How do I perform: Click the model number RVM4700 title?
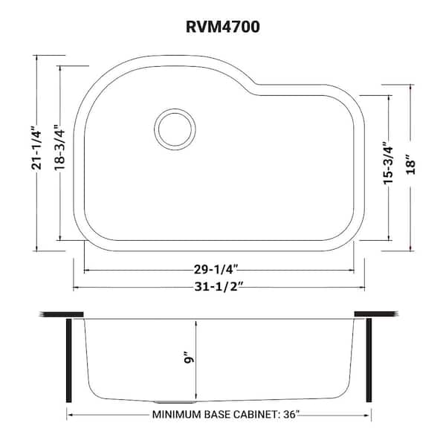pyautogui.click(x=222, y=28)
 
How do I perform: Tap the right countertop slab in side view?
pyautogui.click(x=378, y=314)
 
